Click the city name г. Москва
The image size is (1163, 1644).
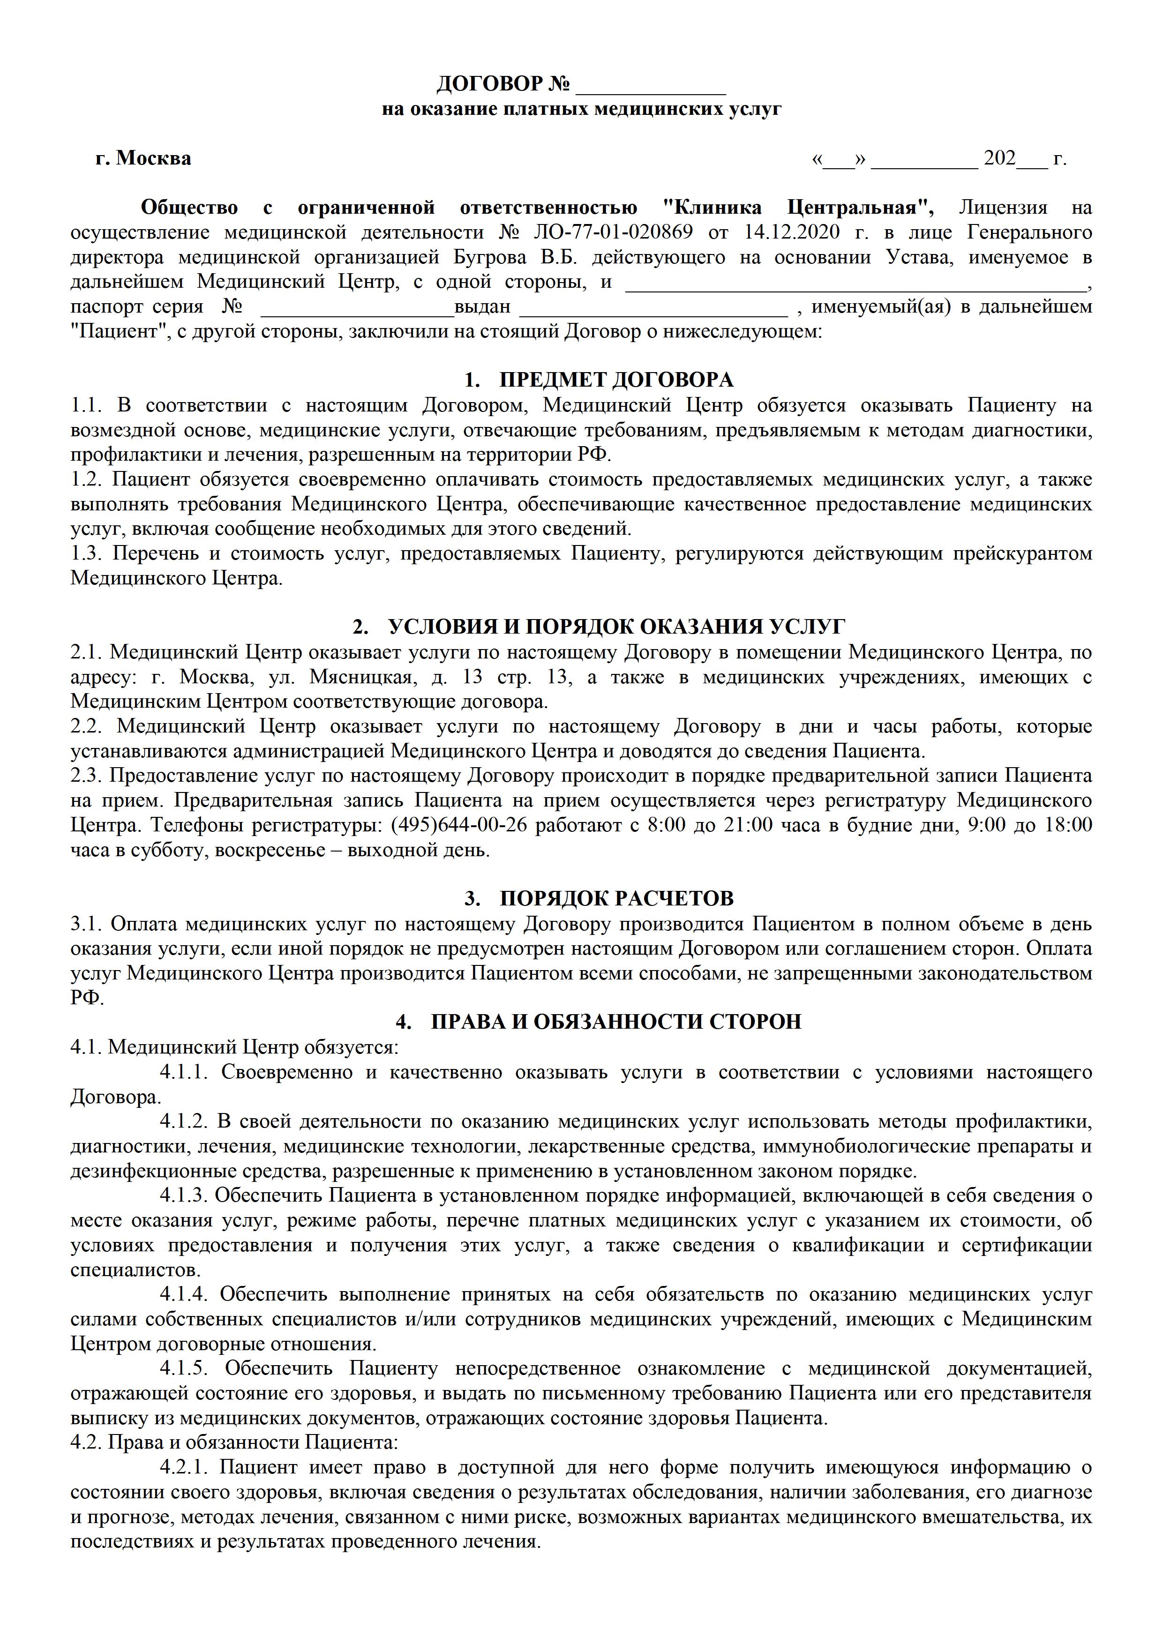[143, 158]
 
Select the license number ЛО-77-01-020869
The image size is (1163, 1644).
[613, 233]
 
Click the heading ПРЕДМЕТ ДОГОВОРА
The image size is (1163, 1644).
[616, 380]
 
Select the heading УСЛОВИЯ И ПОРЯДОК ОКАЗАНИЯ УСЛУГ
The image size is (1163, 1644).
[616, 627]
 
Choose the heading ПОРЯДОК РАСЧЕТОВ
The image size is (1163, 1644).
[616, 898]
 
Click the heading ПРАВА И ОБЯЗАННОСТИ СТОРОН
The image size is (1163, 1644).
[616, 1022]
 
